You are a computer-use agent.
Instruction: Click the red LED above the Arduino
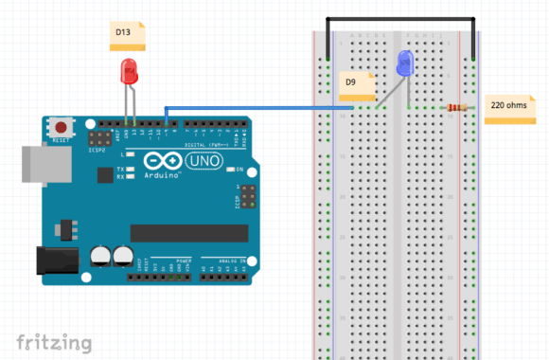pos(128,73)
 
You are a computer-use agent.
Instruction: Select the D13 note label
pos(127,36)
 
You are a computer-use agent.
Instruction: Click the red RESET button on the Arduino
pos(62,127)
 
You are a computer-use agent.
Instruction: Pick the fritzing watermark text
pos(54,341)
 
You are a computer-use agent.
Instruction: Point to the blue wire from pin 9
pos(256,107)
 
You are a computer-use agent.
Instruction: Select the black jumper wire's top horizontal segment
pos(399,19)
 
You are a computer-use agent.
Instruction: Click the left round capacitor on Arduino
pos(101,255)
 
